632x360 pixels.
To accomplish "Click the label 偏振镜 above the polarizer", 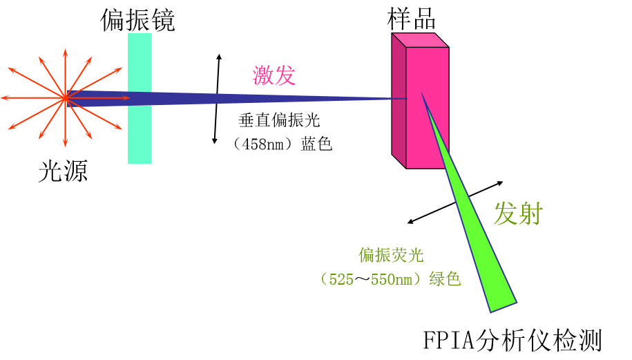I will (x=137, y=19).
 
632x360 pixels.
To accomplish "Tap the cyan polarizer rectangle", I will (x=140, y=131).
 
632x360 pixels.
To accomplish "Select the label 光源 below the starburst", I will (x=63, y=171).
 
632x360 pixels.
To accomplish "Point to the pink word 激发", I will (x=274, y=75).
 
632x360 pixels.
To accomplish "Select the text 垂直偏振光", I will (x=279, y=120).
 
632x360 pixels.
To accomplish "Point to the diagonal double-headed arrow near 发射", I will (x=455, y=202).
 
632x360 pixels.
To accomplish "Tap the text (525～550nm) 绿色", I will (x=390, y=279).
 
